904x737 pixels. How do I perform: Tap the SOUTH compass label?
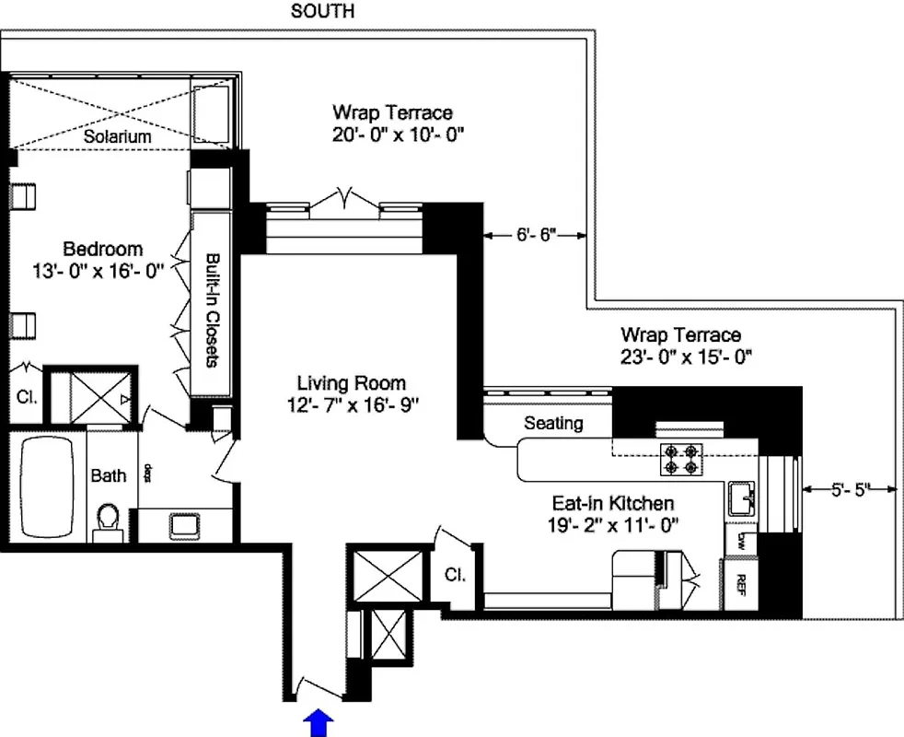[x=322, y=12]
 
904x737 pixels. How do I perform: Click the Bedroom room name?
[x=102, y=249]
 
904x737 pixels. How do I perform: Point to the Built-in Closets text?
[x=212, y=310]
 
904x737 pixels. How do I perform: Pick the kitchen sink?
[x=738, y=500]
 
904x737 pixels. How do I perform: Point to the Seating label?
[x=553, y=424]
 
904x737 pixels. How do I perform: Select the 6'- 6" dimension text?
[x=536, y=236]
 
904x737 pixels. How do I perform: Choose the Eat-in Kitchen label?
[x=612, y=503]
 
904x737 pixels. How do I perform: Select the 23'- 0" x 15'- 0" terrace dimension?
[x=680, y=356]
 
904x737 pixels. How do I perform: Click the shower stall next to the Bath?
[x=92, y=396]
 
